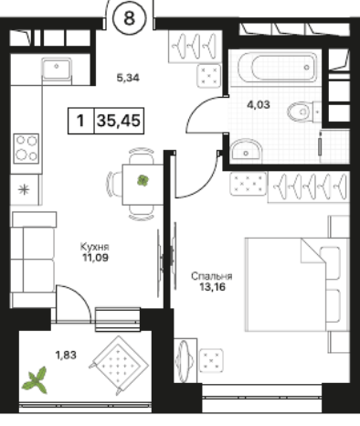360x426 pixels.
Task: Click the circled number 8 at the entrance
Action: point(129,18)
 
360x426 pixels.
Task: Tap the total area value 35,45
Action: point(119,121)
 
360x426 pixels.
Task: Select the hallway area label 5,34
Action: point(128,78)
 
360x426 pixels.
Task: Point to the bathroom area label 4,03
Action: point(259,105)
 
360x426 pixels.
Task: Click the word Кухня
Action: point(95,246)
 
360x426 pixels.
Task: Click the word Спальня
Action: point(212,276)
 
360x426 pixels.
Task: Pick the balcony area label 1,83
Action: point(66,355)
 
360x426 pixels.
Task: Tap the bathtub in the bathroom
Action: point(278,67)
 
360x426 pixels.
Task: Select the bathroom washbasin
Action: point(246,150)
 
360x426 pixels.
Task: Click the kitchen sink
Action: point(57,69)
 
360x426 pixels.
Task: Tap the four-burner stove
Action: point(26,148)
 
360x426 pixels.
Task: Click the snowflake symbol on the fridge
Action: point(24,190)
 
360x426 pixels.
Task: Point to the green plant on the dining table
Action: point(143,181)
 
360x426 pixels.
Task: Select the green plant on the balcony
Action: point(36,380)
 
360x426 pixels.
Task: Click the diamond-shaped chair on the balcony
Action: point(119,365)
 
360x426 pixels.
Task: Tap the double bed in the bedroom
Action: point(297,284)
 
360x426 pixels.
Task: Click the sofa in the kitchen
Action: point(33,260)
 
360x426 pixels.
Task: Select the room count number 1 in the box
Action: point(80,121)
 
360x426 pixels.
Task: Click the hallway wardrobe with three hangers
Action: point(195,47)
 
